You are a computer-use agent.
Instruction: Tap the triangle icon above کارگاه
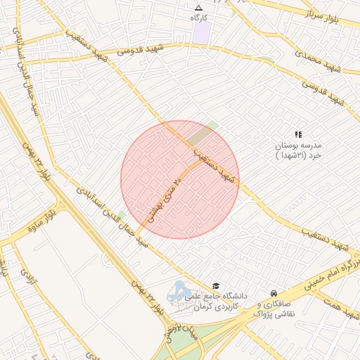tap(198, 7)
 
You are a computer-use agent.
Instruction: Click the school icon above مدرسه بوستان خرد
tap(298, 133)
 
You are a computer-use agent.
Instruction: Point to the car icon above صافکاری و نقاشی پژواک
tap(274, 293)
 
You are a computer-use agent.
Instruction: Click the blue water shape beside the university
tap(179, 290)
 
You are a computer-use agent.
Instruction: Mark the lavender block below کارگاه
tap(202, 32)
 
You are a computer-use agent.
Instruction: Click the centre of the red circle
tap(180, 179)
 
